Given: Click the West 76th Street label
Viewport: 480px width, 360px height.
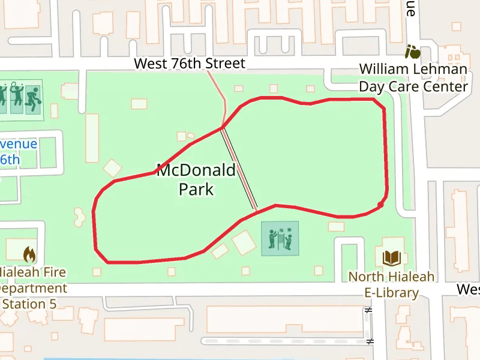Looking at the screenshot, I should pos(190,64).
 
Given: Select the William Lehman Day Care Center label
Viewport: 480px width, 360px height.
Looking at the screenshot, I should pos(413,78).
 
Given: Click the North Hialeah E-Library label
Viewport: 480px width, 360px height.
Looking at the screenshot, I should pos(392,285).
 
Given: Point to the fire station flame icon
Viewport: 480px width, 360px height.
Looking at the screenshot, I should pos(29,255).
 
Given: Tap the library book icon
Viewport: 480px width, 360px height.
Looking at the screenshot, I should pos(392,258).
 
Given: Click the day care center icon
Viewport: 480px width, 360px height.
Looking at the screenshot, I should pos(413,52).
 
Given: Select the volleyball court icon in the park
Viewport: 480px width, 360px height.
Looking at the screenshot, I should pos(280,238).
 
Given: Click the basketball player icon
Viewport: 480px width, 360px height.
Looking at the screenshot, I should pos(32,98).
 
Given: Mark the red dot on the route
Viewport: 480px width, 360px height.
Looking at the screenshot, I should pos(380,206).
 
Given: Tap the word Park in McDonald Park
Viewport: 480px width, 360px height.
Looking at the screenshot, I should pos(196,190).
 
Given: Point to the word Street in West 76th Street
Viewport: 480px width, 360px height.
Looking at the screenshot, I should pos(226,64).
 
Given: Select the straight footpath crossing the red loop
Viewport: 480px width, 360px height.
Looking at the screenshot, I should pos(240,170).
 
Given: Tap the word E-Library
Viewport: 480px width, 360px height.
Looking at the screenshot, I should pos(392,293).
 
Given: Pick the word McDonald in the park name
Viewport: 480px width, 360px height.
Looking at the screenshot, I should pos(196,171).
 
